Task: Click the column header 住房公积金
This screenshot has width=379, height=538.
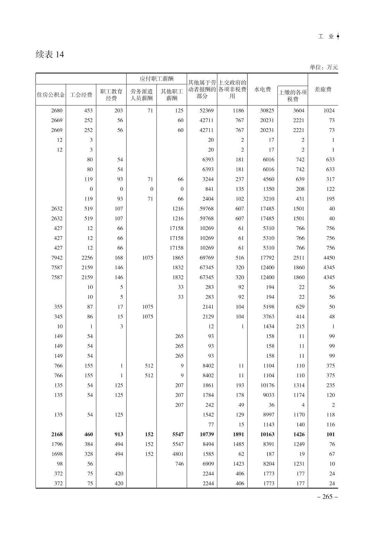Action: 51,95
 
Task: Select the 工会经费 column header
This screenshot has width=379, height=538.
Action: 81,95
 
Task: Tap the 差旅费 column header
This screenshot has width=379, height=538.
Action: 323,90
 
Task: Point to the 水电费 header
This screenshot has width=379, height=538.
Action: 263,90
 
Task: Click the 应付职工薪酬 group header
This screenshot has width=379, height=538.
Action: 156,79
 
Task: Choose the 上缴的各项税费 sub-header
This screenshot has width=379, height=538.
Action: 293,96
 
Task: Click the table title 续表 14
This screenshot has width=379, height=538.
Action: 50,54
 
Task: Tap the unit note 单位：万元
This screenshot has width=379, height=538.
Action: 323,67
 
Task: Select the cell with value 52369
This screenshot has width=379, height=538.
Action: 206,111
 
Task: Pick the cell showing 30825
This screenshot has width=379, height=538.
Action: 267,111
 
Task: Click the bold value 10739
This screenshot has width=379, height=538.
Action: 206,434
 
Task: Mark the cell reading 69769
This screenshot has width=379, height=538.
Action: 206,258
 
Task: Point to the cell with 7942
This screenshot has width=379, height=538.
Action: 57,258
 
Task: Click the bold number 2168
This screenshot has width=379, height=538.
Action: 57,434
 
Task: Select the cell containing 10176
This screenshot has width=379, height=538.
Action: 267,385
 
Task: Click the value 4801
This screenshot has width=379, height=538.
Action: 176,454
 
